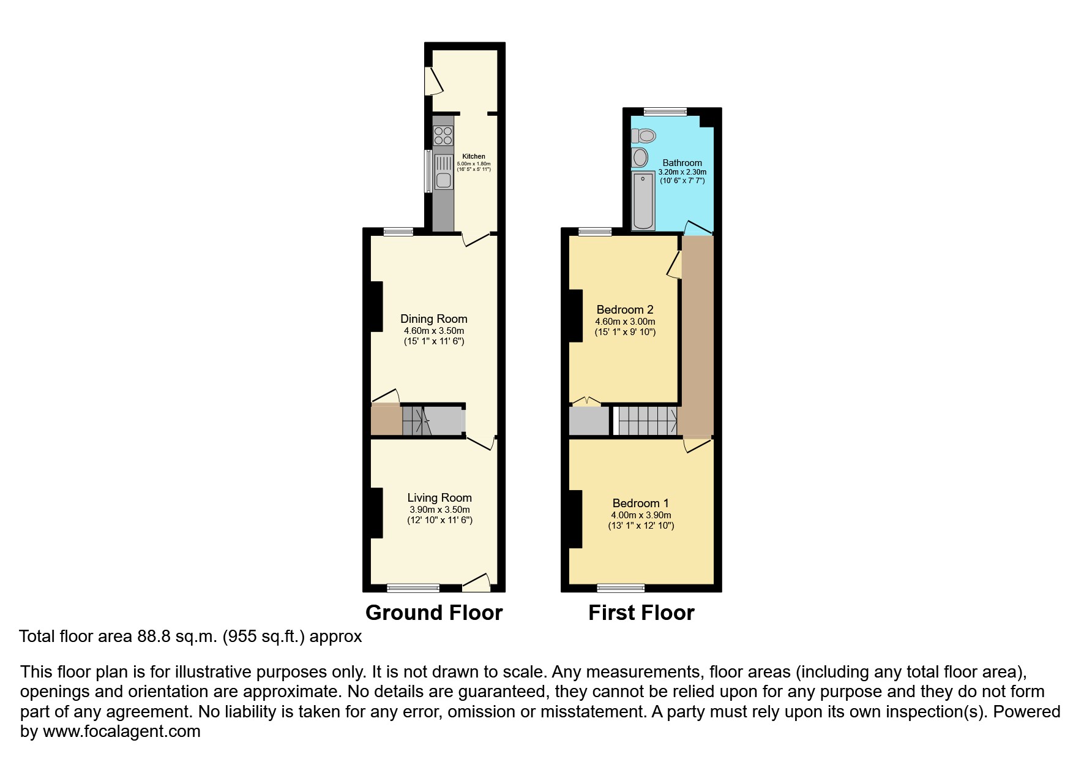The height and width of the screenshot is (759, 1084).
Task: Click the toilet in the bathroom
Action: [643, 135]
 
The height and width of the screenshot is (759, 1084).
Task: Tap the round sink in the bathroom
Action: [640, 157]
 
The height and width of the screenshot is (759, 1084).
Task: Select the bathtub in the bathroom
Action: [643, 201]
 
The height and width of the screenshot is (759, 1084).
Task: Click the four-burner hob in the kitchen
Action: [443, 135]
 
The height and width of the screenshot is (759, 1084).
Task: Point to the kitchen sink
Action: [442, 172]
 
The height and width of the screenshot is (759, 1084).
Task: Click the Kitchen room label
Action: [474, 156]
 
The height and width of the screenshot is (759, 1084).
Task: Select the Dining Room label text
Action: [433, 319]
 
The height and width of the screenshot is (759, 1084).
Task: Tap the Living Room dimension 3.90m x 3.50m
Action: [439, 510]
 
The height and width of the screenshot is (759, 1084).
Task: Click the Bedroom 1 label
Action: [640, 504]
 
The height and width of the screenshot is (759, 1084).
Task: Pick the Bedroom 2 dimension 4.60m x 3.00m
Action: [625, 322]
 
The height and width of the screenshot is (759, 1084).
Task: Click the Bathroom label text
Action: [682, 163]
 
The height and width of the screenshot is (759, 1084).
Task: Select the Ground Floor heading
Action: [433, 613]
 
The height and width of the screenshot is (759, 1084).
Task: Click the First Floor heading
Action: [641, 613]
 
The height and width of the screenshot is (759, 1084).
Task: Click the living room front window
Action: [413, 588]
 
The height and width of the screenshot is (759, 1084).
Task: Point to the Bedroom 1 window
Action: [621, 588]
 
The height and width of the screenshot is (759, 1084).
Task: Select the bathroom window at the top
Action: [665, 111]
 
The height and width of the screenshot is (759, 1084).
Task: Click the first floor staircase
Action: [648, 420]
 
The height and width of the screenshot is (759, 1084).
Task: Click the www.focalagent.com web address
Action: [121, 731]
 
